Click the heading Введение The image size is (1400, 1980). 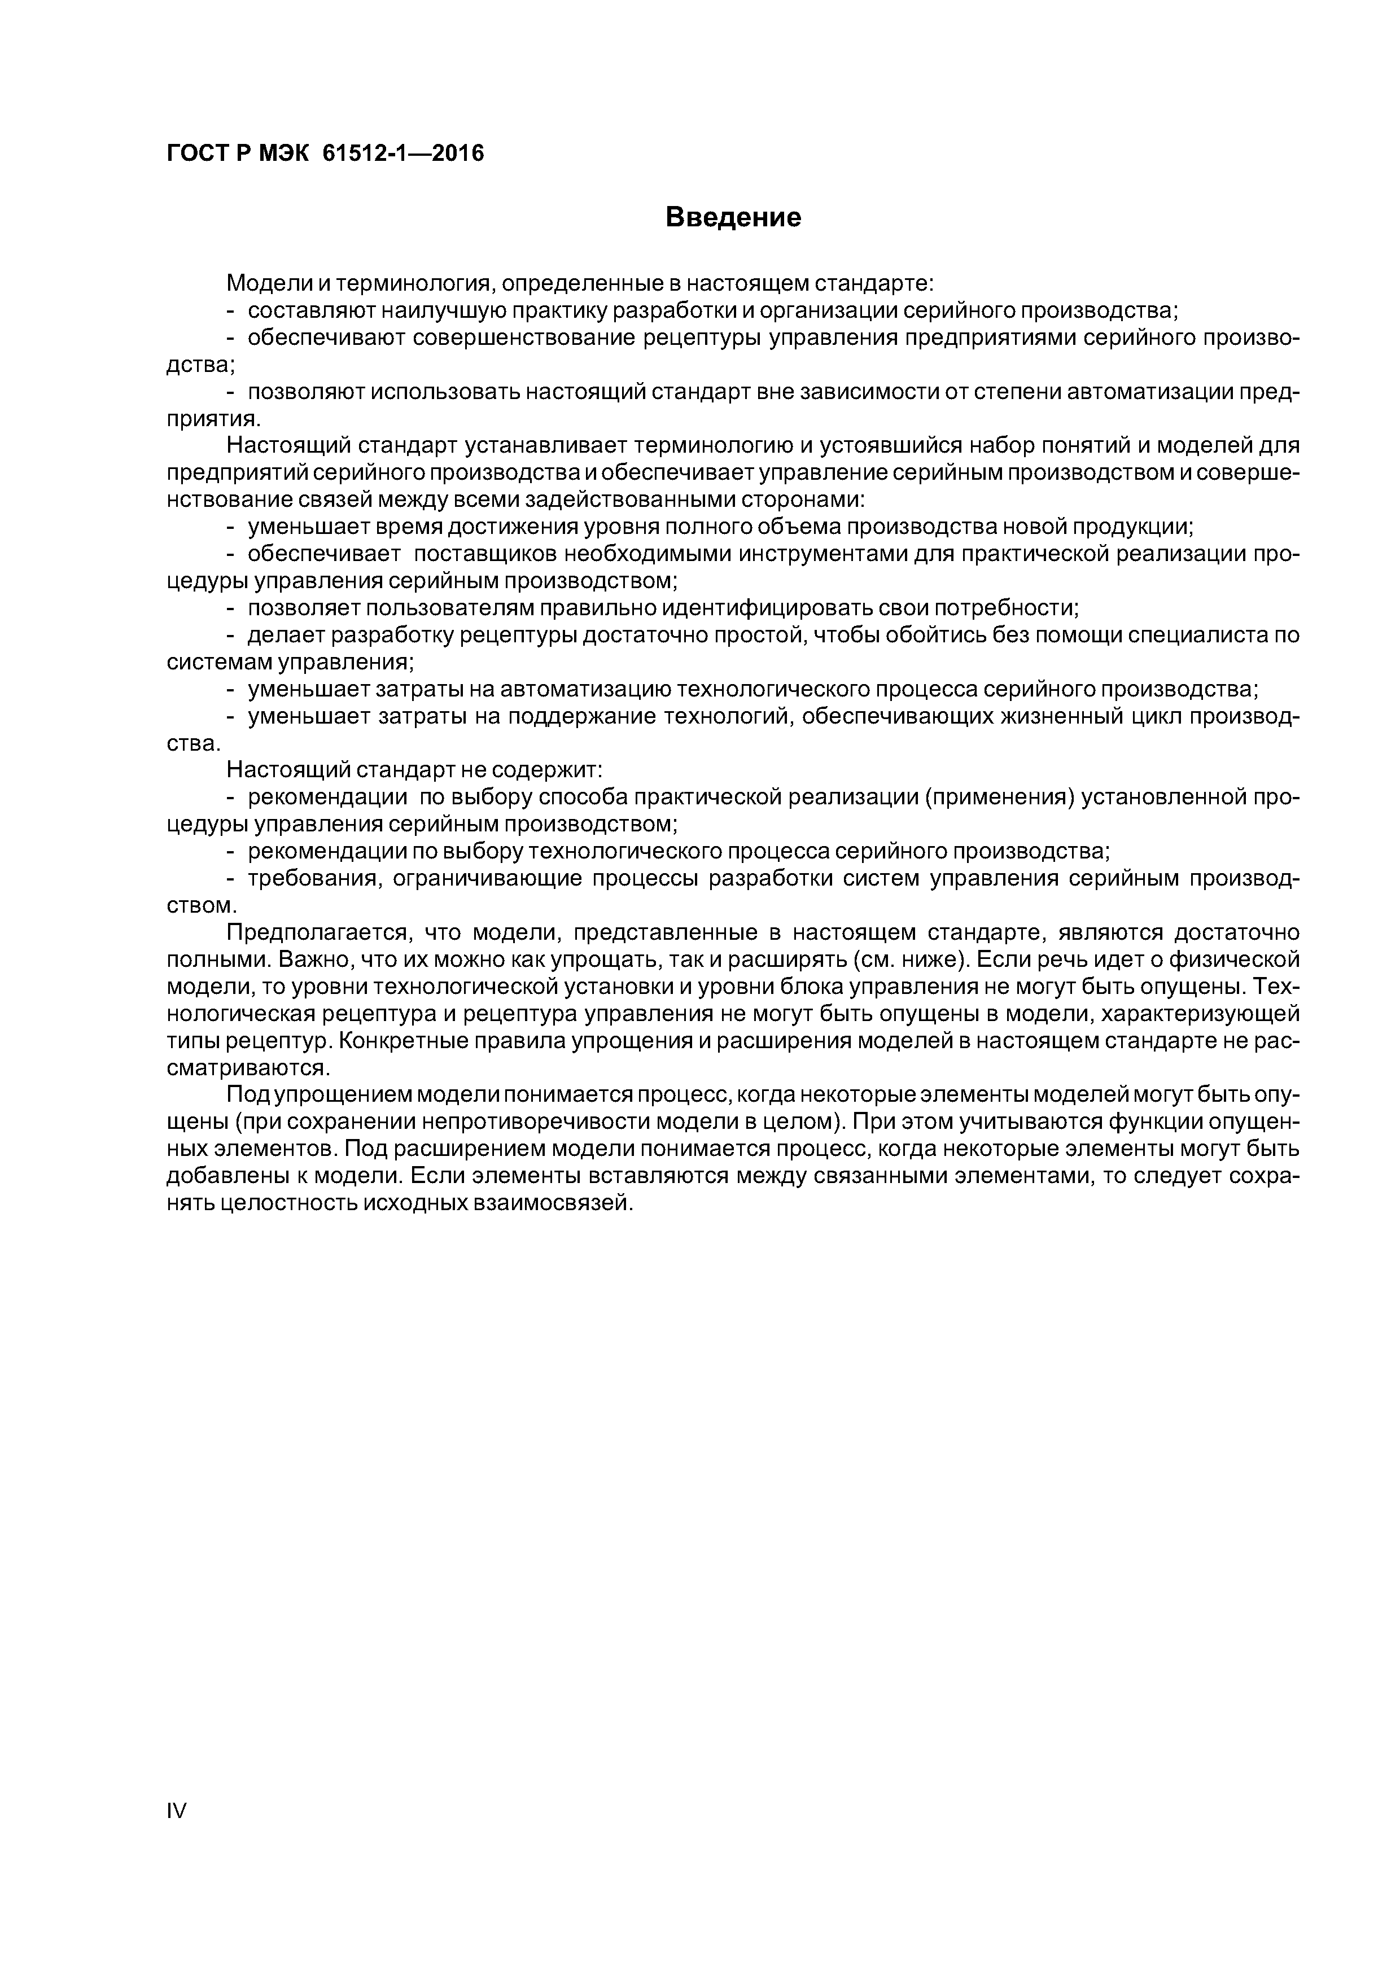(733, 217)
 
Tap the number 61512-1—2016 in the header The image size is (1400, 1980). (403, 154)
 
